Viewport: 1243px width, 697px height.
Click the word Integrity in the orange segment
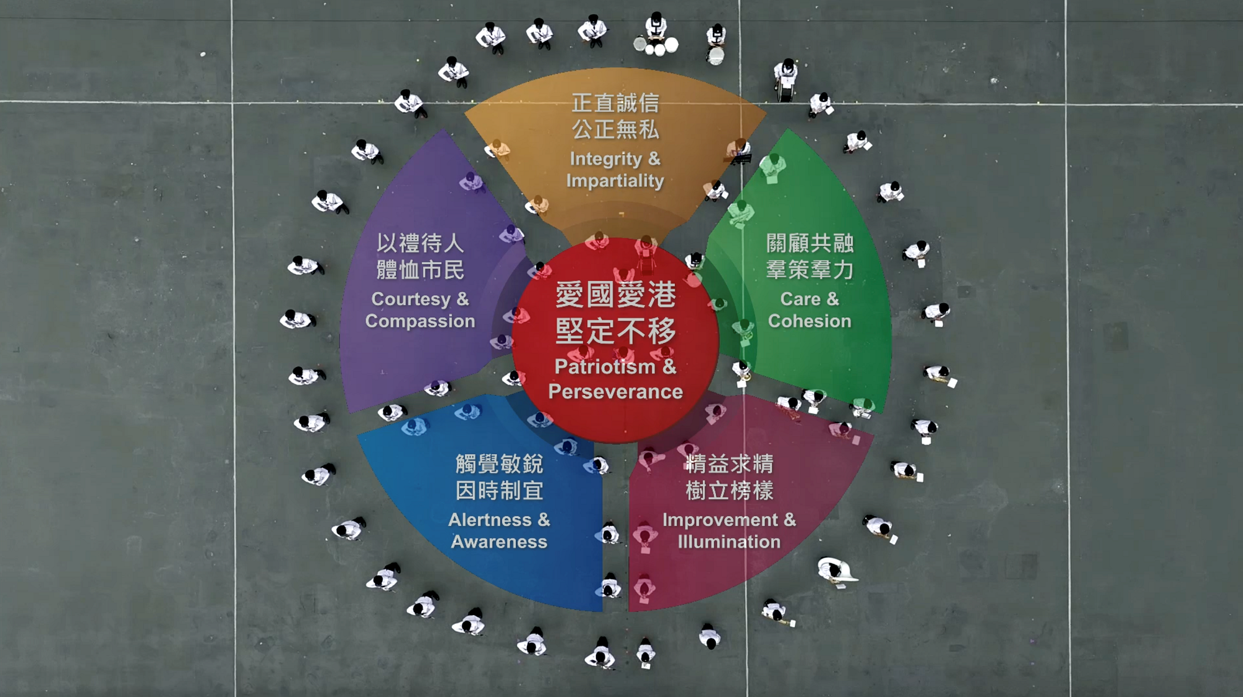(x=606, y=160)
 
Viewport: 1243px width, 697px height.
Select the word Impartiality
(x=615, y=181)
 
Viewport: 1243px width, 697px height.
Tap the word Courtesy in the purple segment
(x=411, y=299)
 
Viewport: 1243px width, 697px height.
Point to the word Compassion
(x=420, y=321)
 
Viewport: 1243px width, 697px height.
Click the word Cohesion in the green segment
(x=809, y=321)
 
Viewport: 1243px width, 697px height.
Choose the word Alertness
(x=490, y=519)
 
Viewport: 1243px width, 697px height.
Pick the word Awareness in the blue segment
(x=499, y=542)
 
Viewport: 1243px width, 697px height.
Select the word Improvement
(x=720, y=520)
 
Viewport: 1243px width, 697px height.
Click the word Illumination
(x=729, y=542)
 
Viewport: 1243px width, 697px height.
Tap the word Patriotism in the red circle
(x=605, y=367)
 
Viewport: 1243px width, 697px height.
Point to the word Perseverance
(x=615, y=391)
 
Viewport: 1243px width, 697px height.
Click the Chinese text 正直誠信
(x=615, y=103)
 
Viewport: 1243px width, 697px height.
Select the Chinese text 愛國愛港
(x=615, y=294)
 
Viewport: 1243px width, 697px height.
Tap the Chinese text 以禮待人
(x=420, y=243)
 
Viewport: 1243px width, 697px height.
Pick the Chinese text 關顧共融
(x=810, y=243)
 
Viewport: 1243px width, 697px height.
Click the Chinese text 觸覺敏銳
(x=499, y=463)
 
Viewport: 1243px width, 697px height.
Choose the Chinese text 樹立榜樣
(x=729, y=491)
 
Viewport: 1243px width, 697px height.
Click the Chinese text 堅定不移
(x=615, y=331)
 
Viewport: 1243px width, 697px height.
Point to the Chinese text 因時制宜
(x=499, y=491)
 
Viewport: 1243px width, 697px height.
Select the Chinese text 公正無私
(x=615, y=130)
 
